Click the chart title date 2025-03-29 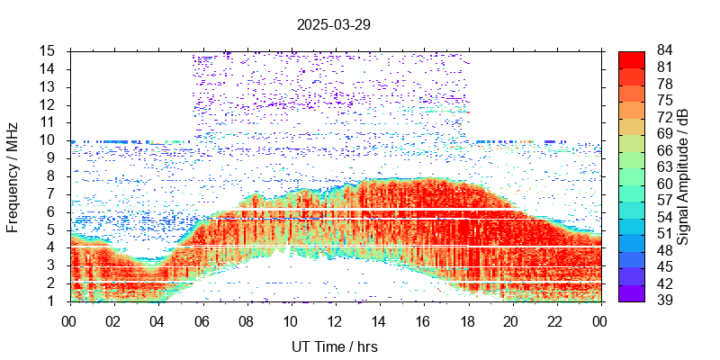(x=334, y=25)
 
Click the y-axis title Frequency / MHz (x=13, y=175)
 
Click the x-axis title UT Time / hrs (x=334, y=346)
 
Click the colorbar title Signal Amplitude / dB (x=683, y=176)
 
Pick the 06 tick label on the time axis (x=202, y=319)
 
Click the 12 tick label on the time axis (x=334, y=319)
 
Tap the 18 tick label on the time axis (x=467, y=319)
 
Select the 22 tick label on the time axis (x=555, y=319)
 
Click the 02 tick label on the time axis (x=113, y=319)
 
